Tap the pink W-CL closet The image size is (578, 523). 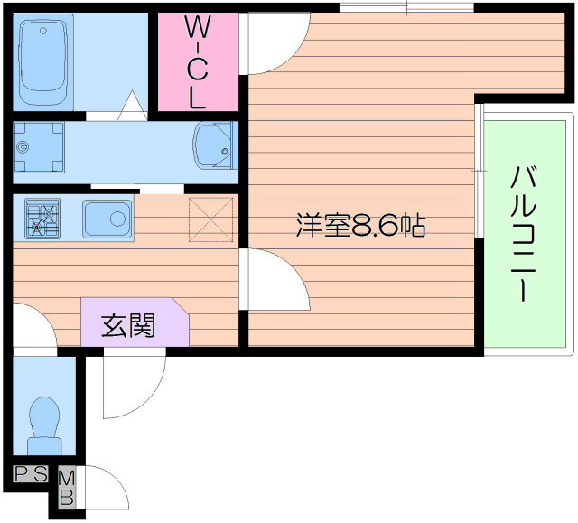(x=197, y=61)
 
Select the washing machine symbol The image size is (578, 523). (x=39, y=145)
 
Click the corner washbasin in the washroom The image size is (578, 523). (x=214, y=145)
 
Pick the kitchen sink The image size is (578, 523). (x=107, y=217)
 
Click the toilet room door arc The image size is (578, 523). (x=32, y=326)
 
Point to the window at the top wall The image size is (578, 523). (x=406, y=8)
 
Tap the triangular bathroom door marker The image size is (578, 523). (x=132, y=106)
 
